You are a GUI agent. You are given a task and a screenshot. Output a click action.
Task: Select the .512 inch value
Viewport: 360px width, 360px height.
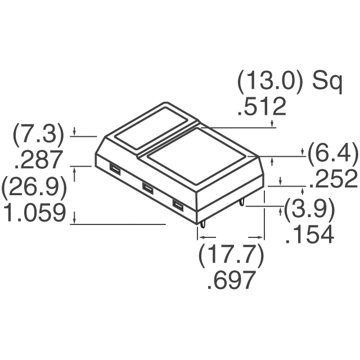[262, 106]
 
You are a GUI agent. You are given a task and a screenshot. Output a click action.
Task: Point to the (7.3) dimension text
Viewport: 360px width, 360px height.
[38, 135]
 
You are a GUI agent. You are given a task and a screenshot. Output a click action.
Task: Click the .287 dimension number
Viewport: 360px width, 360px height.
[38, 159]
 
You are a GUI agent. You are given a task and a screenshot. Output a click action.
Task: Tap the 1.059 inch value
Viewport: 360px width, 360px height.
[34, 213]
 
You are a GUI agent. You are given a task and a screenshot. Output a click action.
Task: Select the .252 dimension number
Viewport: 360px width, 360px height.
[334, 178]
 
